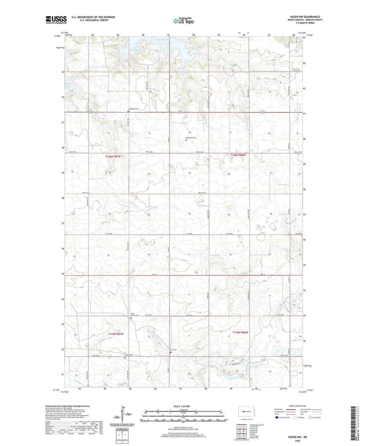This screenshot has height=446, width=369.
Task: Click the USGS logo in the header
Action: pyautogui.click(x=56, y=20)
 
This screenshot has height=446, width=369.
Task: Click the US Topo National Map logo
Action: pyautogui.click(x=183, y=21)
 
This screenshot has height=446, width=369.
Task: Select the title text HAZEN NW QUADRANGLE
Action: pyautogui.click(x=305, y=17)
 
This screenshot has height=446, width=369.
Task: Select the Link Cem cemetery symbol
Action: pyautogui.click(x=171, y=353)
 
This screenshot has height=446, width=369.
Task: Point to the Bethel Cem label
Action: pyautogui.click(x=129, y=355)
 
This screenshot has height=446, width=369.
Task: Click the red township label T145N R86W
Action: pyautogui.click(x=240, y=332)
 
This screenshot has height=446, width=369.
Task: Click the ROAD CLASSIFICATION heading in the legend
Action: pyautogui.click(x=297, y=406)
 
